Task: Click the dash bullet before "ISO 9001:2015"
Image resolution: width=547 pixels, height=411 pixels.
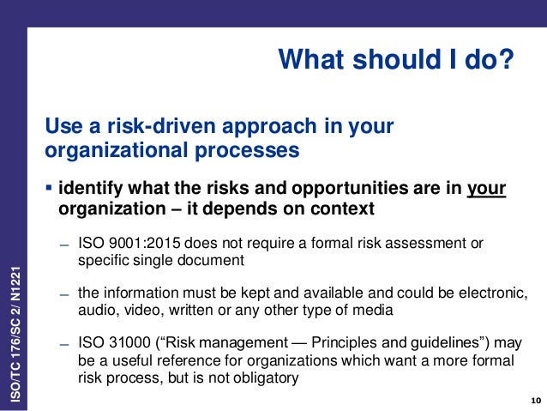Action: (x=64, y=245)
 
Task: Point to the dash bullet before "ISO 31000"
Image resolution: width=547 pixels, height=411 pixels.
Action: (x=64, y=342)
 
